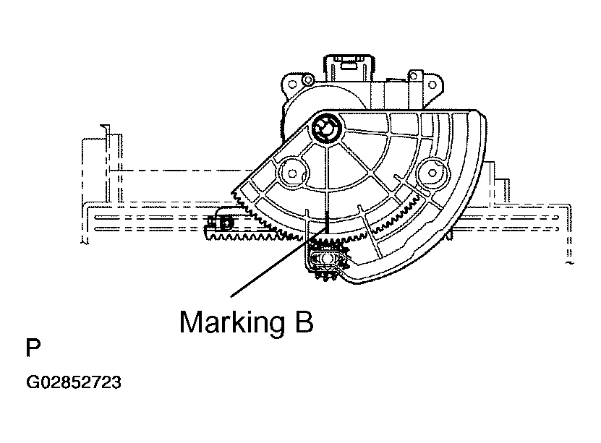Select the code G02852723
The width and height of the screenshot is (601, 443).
74,382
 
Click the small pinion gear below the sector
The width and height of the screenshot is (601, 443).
327,260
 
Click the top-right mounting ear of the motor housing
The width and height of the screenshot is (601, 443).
415,77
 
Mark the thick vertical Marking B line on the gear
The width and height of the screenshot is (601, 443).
328,224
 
